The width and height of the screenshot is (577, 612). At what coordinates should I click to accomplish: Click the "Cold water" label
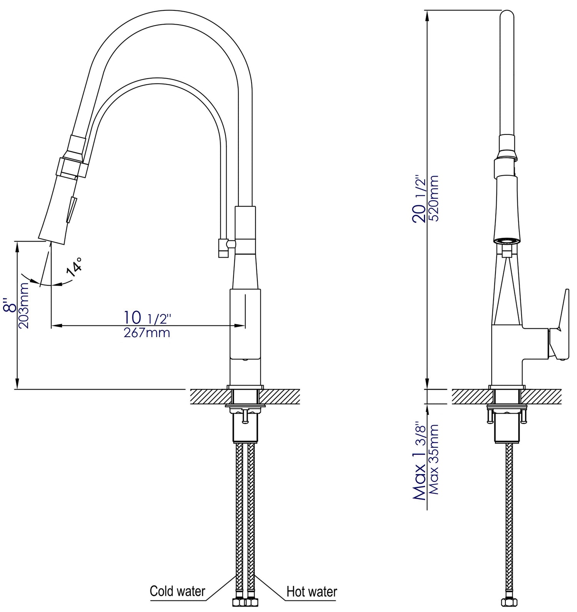click(177, 591)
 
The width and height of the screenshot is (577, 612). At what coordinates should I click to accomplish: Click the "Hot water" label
click(312, 591)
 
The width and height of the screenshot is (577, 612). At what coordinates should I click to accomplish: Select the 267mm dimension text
click(147, 333)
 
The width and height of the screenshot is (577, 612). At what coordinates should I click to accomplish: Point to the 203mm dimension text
click(25, 305)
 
